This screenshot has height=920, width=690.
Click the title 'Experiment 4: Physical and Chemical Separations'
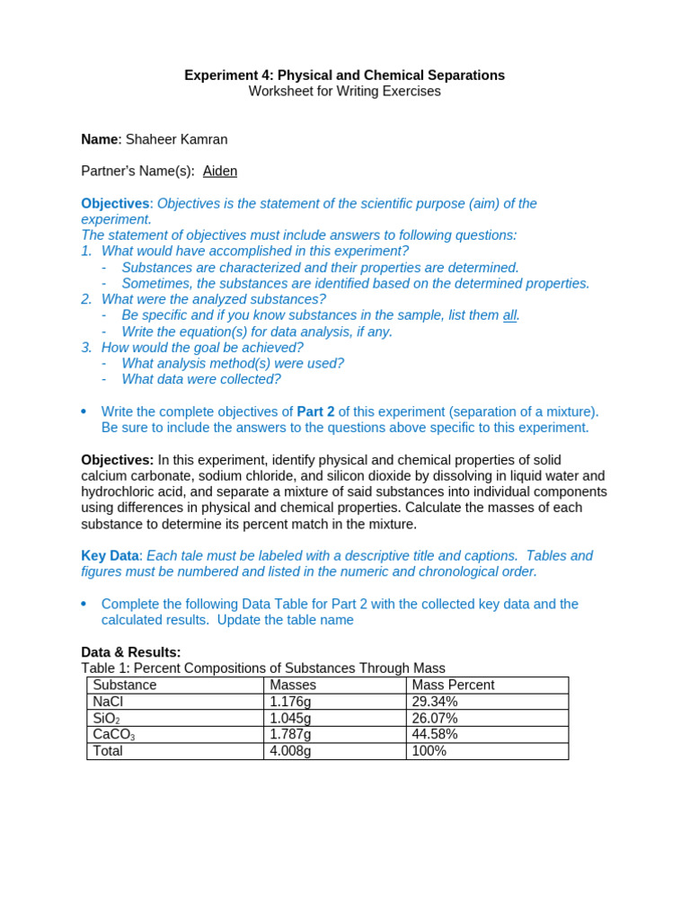[x=344, y=75]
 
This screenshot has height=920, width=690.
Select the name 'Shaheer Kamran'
[x=176, y=139]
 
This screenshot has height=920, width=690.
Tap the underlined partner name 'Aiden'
[x=220, y=171]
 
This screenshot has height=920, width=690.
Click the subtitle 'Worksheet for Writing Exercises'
[x=344, y=92]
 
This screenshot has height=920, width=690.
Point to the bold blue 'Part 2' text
[x=315, y=411]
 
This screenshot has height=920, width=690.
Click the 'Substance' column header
[x=125, y=685]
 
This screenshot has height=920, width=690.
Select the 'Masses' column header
[x=293, y=685]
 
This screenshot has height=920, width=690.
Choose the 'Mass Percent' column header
[x=453, y=685]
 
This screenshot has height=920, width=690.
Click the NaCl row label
[x=108, y=702]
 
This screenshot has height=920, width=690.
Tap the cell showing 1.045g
[x=290, y=718]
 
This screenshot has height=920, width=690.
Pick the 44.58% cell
[x=435, y=734]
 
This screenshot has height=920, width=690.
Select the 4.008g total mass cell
[x=290, y=751]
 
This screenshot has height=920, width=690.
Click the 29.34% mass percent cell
[x=435, y=702]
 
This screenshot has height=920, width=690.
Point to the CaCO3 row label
[x=113, y=735]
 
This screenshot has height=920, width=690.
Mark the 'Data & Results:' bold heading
[x=131, y=652]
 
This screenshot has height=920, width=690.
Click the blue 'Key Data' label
[x=111, y=556]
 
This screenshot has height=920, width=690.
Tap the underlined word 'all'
[x=509, y=315]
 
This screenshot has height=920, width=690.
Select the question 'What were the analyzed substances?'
[x=214, y=299]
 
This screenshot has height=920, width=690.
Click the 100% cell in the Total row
[x=429, y=751]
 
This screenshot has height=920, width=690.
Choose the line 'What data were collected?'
[x=201, y=379]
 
